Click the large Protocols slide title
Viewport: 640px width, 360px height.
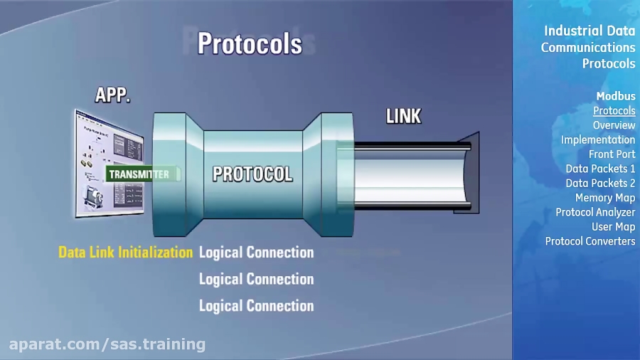tap(250, 43)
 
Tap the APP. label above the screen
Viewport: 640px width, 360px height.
tap(113, 95)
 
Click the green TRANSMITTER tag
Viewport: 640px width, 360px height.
tap(140, 174)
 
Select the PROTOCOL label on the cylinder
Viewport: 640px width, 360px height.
tap(252, 174)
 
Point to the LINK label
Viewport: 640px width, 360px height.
tap(403, 116)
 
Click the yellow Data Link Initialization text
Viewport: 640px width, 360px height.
tap(125, 252)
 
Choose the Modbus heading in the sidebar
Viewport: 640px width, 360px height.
tap(616, 96)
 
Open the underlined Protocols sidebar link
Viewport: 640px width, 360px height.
tap(614, 110)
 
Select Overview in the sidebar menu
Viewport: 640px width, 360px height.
tap(614, 125)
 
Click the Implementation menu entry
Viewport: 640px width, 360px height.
tap(598, 139)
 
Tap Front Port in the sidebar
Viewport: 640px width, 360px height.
tap(612, 154)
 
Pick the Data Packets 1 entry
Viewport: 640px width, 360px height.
tap(601, 169)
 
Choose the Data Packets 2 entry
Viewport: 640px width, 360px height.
tap(601, 183)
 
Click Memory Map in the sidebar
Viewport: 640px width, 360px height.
tap(605, 198)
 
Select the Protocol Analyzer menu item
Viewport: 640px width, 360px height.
tap(596, 212)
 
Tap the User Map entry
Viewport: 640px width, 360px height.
tap(614, 226)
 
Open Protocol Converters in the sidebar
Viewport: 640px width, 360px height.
tap(590, 241)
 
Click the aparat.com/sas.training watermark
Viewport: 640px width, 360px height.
tap(107, 344)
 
